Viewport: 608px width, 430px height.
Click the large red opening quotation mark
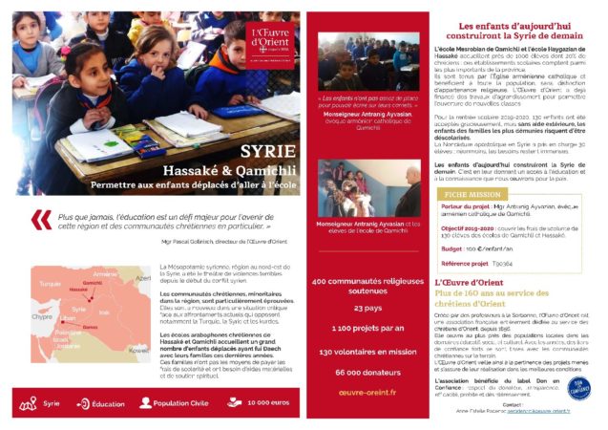point(41,221)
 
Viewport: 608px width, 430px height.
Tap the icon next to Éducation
point(83,403)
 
